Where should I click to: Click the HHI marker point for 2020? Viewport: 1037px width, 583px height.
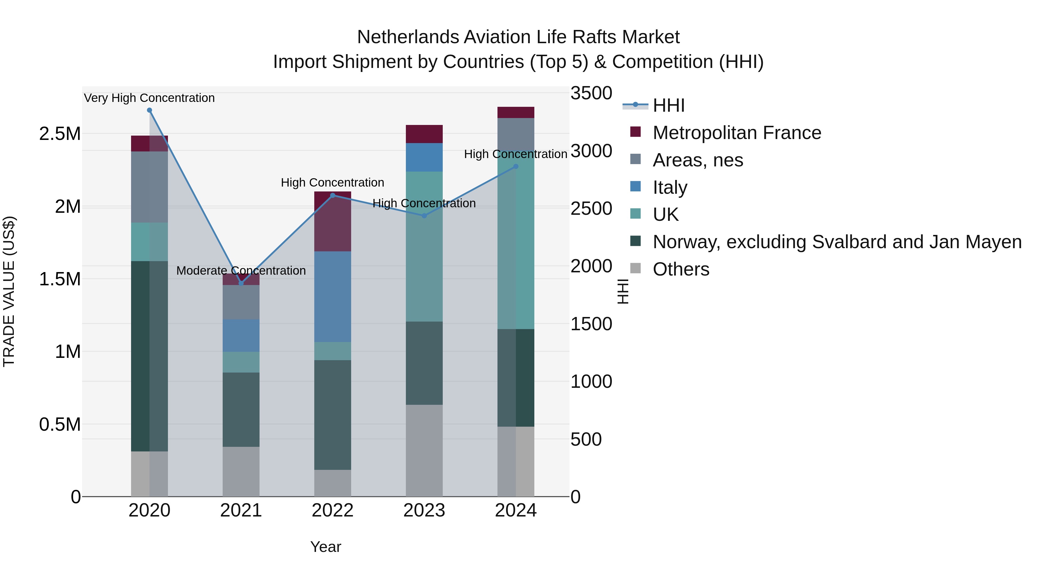pyautogui.click(x=149, y=110)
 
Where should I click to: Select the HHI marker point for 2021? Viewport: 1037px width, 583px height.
pyautogui.click(x=241, y=283)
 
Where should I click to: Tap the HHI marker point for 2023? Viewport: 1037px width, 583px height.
pyautogui.click(x=424, y=216)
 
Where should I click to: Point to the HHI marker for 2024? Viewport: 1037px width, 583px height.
pyautogui.click(x=516, y=167)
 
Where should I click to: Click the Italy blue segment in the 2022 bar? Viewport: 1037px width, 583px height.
pyautogui.click(x=332, y=297)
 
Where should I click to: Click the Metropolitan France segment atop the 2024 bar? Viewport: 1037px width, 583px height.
pyautogui.click(x=516, y=112)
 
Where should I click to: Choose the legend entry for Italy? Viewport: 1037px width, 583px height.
pyautogui.click(x=670, y=187)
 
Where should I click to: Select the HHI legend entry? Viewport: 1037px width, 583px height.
pyautogui.click(x=668, y=105)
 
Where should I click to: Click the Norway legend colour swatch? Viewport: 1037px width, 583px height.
pyautogui.click(x=635, y=242)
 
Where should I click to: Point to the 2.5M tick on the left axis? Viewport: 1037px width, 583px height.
pyautogui.click(x=60, y=134)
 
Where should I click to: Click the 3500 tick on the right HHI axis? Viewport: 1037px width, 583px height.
pyautogui.click(x=591, y=93)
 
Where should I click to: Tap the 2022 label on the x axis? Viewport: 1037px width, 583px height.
pyautogui.click(x=332, y=510)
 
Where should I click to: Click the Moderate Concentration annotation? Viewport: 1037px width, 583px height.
pyautogui.click(x=241, y=271)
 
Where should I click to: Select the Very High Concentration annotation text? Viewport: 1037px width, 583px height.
pyautogui.click(x=149, y=98)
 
